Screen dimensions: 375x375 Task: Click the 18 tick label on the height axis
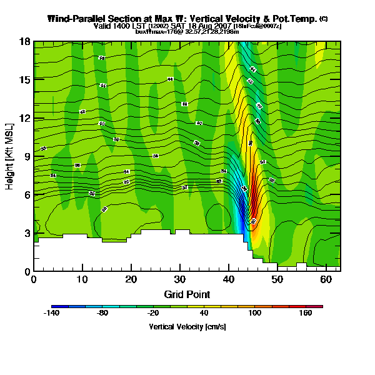[24, 42]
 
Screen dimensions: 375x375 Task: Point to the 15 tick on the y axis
[24, 80]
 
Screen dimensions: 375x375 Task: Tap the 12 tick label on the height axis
[24, 118]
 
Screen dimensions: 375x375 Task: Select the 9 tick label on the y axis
[26, 157]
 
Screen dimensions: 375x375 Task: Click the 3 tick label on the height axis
[26, 233]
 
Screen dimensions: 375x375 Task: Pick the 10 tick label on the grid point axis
[82, 279]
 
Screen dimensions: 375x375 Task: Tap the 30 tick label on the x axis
[180, 279]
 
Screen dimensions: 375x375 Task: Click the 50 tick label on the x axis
[277, 279]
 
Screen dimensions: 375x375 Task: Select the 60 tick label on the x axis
[326, 279]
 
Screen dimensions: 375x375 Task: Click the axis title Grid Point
[187, 294]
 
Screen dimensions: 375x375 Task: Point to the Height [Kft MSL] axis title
[10, 156]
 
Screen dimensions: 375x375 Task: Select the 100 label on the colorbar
[255, 314]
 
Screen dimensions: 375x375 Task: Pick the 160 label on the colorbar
[305, 314]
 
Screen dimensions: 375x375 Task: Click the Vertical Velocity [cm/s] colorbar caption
[187, 326]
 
